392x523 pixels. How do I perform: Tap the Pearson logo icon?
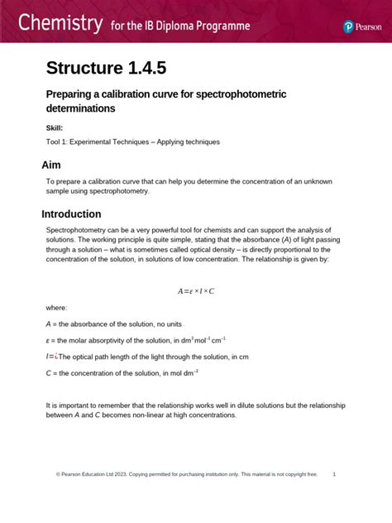(349, 26)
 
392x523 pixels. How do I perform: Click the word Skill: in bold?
(55, 127)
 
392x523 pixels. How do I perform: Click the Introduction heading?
(83, 214)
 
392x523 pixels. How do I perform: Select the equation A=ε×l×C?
(196, 291)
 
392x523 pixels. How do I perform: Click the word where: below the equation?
(56, 307)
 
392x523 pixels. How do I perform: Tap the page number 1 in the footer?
(333, 474)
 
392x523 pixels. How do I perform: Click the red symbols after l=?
(55, 357)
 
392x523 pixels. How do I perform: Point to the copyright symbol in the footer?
(58, 474)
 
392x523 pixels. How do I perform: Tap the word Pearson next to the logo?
(367, 26)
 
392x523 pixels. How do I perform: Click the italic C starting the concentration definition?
(48, 373)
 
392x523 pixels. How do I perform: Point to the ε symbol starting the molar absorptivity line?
(48, 340)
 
